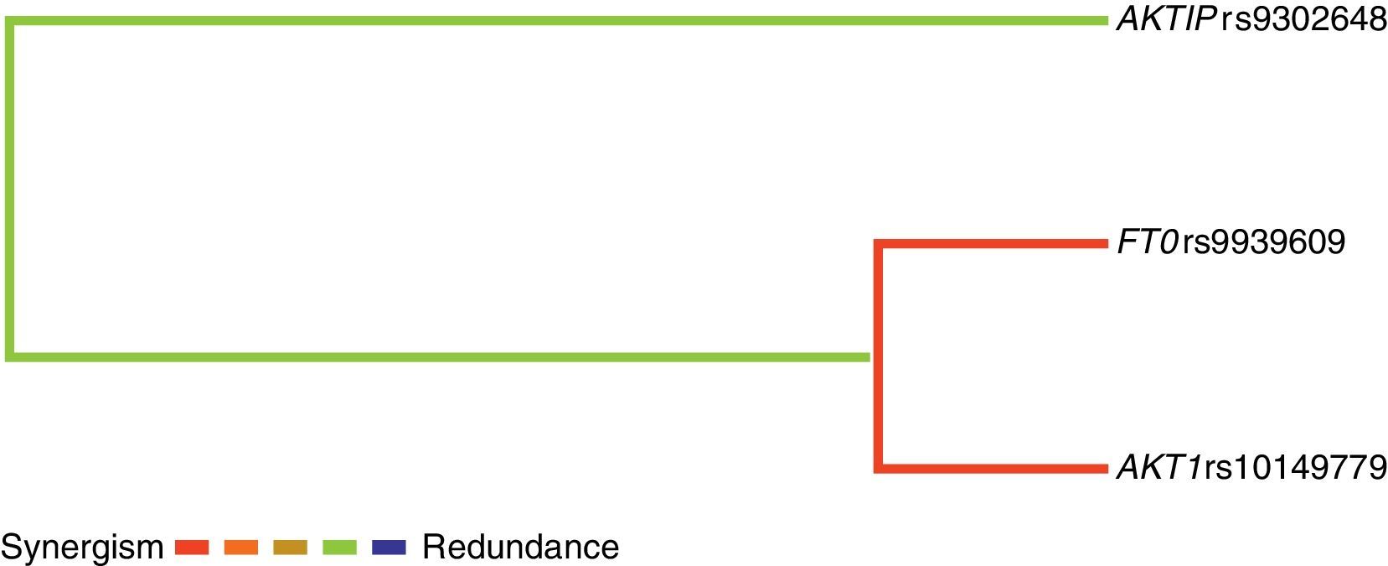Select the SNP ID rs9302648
pyautogui.click(x=1303, y=19)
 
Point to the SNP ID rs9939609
pyautogui.click(x=1264, y=242)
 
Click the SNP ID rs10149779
pyautogui.click(x=1296, y=467)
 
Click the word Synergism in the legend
pyautogui.click(x=82, y=548)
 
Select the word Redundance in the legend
pyautogui.click(x=520, y=548)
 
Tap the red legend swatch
pyautogui.click(x=192, y=548)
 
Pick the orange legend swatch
pyautogui.click(x=241, y=548)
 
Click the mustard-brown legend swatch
pyautogui.click(x=290, y=548)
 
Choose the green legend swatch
pyautogui.click(x=339, y=548)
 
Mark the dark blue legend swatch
pyautogui.click(x=389, y=548)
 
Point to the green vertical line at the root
pyautogui.click(x=10, y=189)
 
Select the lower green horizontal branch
pyautogui.click(x=436, y=357)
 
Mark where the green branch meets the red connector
pyautogui.click(x=873, y=357)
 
